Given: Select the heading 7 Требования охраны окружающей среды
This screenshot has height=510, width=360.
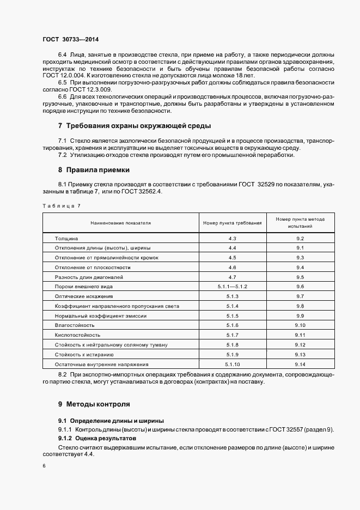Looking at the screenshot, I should click(x=135, y=126).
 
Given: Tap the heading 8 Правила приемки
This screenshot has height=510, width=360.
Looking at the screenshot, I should click(x=94, y=169).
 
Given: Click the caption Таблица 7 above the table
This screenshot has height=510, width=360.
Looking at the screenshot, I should click(x=61, y=205).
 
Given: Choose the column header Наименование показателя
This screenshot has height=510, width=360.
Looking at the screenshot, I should click(x=120, y=223).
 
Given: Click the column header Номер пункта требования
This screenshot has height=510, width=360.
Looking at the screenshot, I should click(x=232, y=223).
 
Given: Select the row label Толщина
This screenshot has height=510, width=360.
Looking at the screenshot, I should click(x=67, y=239).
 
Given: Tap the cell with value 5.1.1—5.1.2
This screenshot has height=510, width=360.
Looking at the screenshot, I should click(x=232, y=286).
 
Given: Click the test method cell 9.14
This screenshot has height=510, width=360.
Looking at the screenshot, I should click(x=300, y=364).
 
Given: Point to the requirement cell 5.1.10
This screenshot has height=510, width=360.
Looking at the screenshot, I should click(x=232, y=364).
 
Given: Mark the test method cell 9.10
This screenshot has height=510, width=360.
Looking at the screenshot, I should click(x=300, y=325).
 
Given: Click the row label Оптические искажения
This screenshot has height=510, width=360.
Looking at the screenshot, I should click(x=83, y=296).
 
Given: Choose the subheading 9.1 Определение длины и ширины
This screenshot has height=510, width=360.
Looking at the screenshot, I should click(x=111, y=421).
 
